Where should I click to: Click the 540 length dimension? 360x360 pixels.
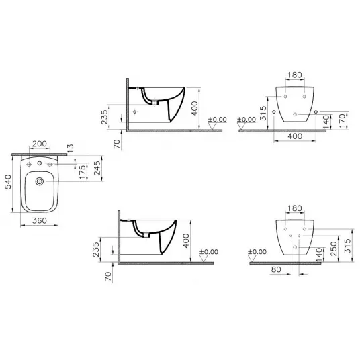(x=8, y=182)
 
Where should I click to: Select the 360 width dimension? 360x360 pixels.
(x=40, y=221)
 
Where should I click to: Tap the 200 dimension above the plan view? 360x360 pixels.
(x=40, y=144)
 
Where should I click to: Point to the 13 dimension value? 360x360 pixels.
(x=71, y=146)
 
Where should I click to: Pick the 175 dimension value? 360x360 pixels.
(x=83, y=171)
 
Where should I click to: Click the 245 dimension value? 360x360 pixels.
(x=97, y=168)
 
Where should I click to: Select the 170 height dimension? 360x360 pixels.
(x=342, y=120)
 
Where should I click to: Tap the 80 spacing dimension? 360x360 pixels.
(x=276, y=269)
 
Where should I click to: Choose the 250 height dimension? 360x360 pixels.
(x=334, y=249)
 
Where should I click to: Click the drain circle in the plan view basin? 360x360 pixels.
(x=40, y=181)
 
